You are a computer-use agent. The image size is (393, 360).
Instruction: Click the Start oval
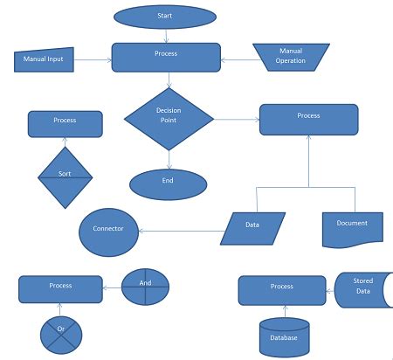[x=165, y=16]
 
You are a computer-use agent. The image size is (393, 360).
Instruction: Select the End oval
[x=169, y=183]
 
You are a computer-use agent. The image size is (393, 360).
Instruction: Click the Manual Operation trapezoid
[x=291, y=56]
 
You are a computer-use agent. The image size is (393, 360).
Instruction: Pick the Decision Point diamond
[x=169, y=117]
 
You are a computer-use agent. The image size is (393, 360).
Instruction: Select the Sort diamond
[x=65, y=175]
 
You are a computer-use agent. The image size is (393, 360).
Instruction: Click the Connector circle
[x=108, y=230]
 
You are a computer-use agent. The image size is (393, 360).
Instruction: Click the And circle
[x=145, y=286]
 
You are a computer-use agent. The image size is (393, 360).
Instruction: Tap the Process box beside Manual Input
[x=166, y=57]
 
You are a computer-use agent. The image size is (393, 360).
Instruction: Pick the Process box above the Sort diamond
[x=65, y=123]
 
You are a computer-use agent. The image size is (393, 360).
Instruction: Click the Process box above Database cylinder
[x=282, y=289]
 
